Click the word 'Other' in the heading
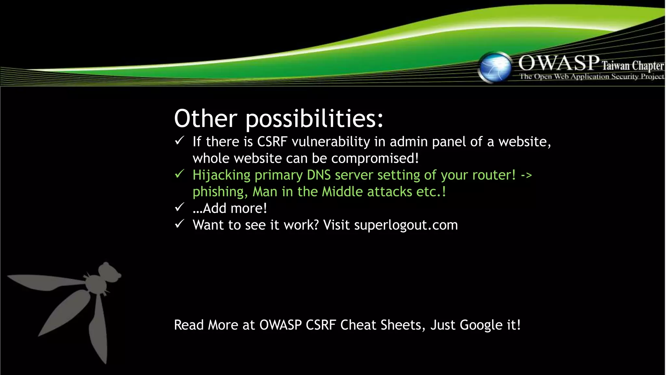coord(206,118)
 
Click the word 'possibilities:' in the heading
coord(314,119)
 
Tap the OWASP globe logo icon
coord(495,67)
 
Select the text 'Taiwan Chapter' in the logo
coord(633,66)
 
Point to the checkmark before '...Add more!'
coord(180,207)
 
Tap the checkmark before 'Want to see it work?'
coord(180,224)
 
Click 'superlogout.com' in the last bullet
coord(406,225)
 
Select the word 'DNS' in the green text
coord(319,175)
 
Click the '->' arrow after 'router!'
coord(526,175)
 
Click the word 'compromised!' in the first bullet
coord(375,159)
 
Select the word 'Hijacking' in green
coord(221,175)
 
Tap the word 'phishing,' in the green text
coord(220,192)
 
